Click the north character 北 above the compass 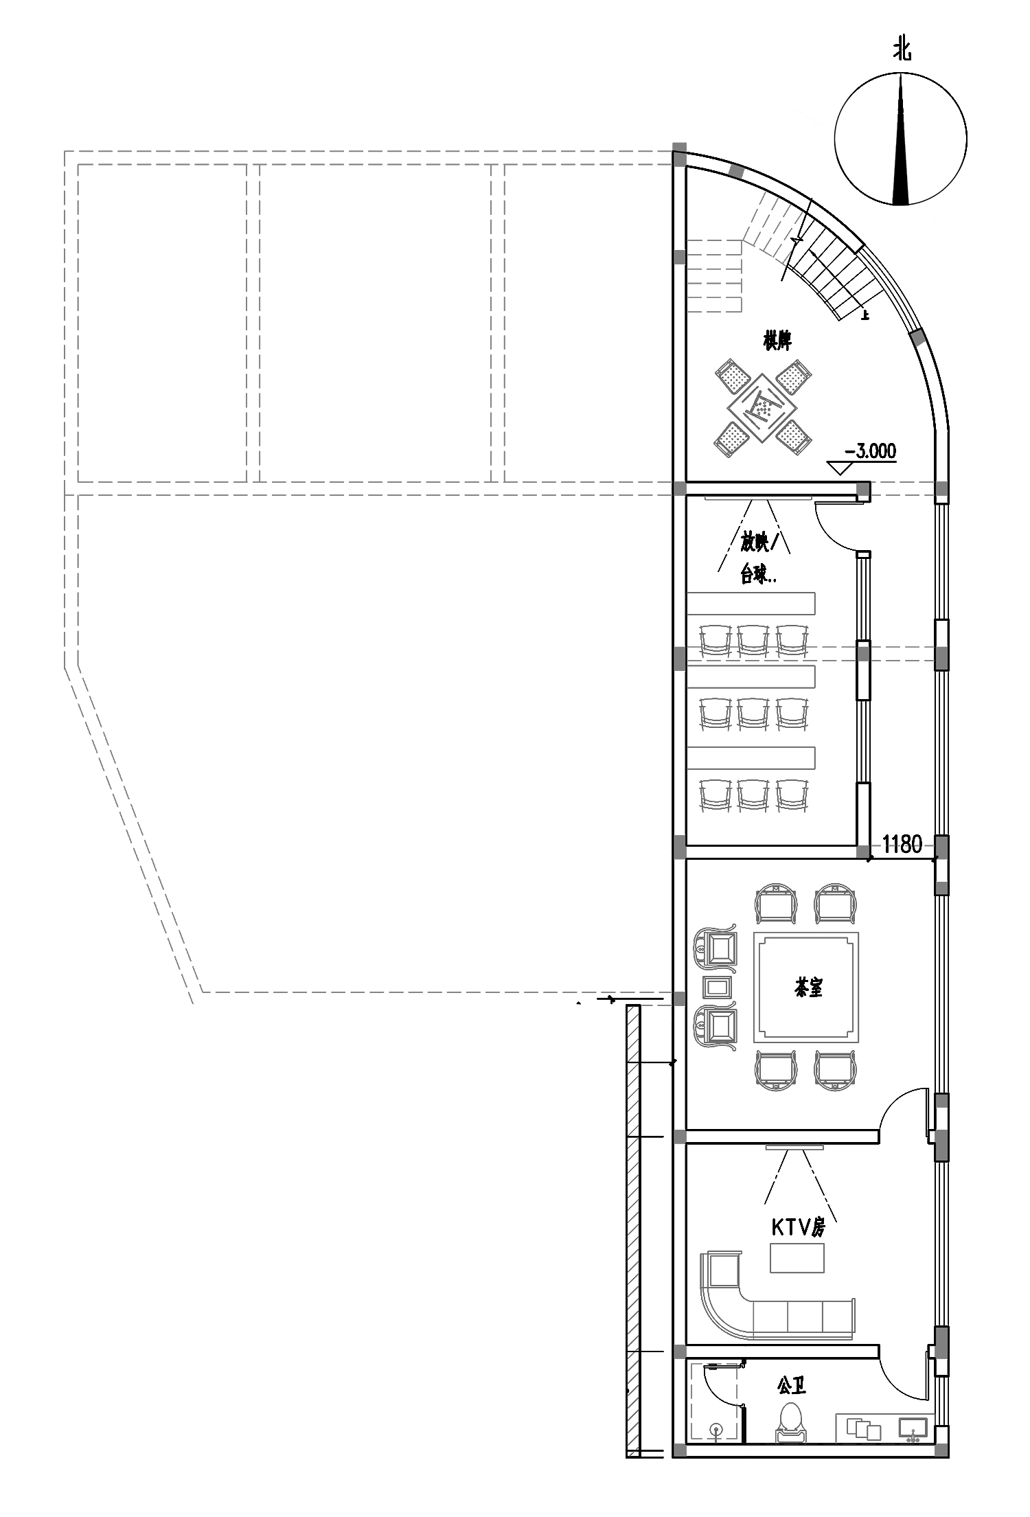point(902,50)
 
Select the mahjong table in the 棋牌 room point(762,409)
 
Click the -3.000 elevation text point(870,451)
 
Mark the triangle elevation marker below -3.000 point(839,468)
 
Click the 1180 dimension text point(902,844)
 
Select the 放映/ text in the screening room point(761,543)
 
